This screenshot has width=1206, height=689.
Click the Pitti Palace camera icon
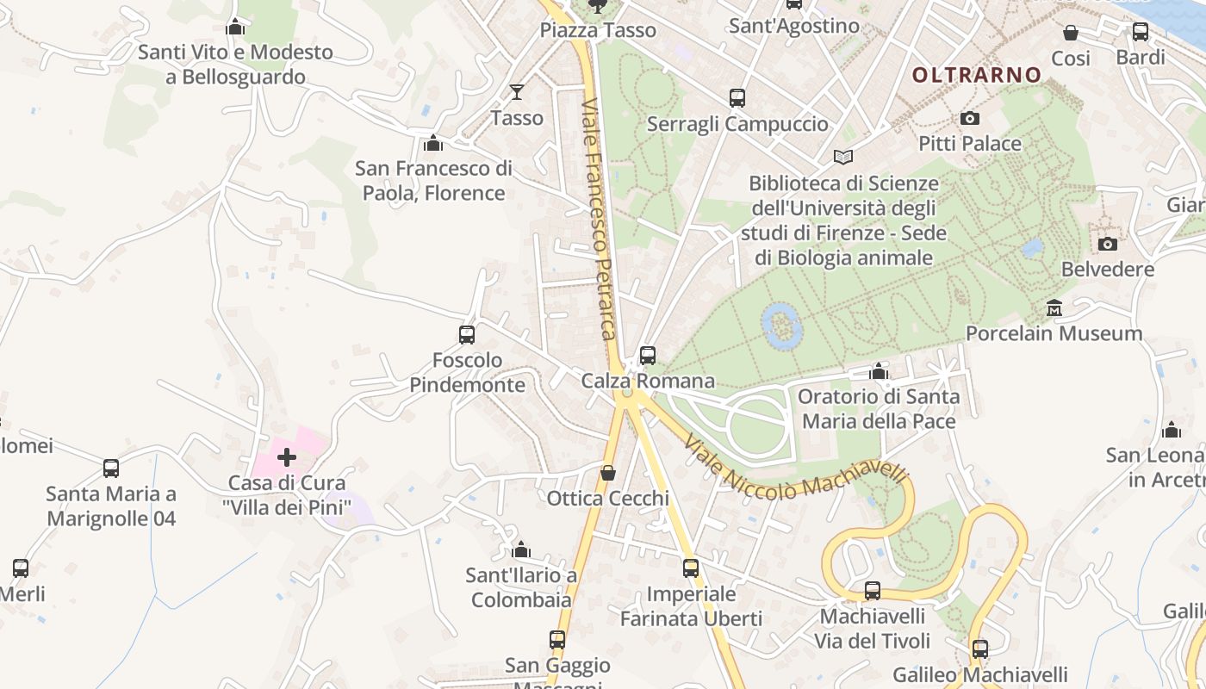(970, 118)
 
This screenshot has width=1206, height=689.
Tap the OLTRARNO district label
(977, 75)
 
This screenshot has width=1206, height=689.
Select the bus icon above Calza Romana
(648, 355)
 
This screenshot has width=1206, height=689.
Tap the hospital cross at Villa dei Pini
(287, 456)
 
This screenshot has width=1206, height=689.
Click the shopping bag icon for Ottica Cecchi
(608, 473)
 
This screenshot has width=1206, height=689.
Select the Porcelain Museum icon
(1054, 307)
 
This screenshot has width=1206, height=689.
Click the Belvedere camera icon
(1108, 244)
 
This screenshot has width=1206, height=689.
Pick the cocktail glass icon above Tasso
(517, 91)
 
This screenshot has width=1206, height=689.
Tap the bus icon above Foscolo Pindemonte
(467, 334)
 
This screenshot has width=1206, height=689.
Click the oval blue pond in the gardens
(782, 326)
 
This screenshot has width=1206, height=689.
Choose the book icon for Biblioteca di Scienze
(842, 158)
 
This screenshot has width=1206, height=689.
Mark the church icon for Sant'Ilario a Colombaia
(521, 549)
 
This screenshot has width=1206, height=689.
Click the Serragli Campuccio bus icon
(737, 98)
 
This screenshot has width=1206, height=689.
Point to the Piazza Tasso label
(598, 30)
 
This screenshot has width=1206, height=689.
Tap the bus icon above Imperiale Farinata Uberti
(691, 568)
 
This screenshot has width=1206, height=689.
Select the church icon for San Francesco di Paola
(433, 143)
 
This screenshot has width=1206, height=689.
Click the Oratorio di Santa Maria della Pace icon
(879, 371)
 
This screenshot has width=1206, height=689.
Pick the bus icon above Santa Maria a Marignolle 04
(111, 468)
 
